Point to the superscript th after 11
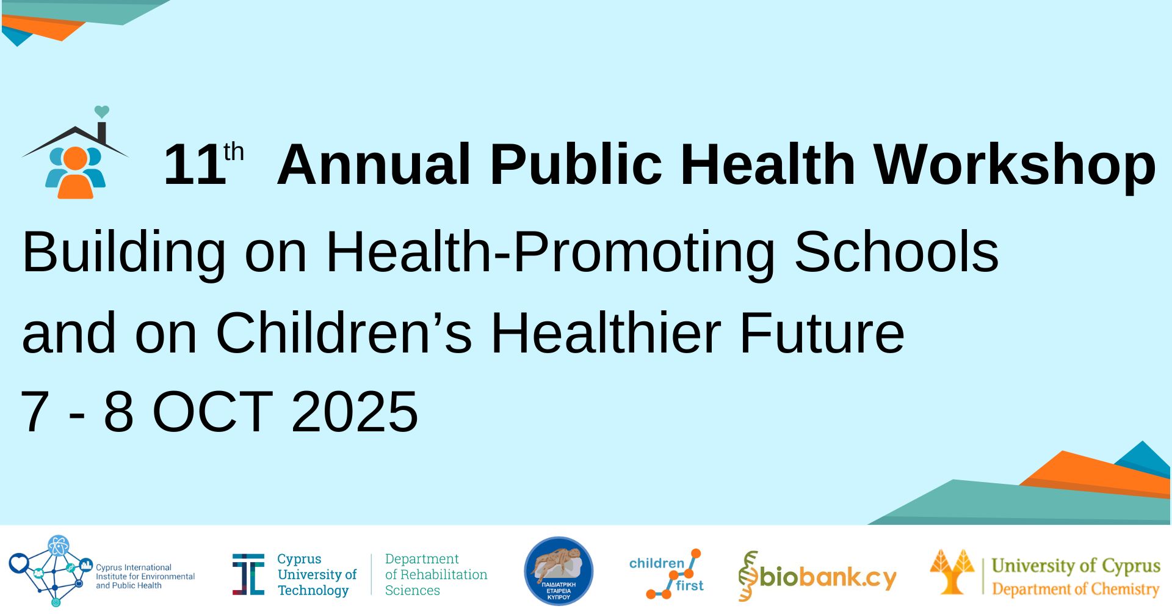click(x=234, y=152)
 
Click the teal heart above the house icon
click(x=102, y=112)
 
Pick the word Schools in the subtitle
click(x=896, y=252)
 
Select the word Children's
click(x=344, y=333)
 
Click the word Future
click(x=822, y=333)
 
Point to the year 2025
click(x=355, y=412)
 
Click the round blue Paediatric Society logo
click(x=559, y=572)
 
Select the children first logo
click(x=667, y=574)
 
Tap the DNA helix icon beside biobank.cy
click(x=748, y=576)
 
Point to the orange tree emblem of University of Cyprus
click(x=952, y=571)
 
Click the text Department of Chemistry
click(x=1076, y=589)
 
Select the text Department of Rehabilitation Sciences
click(x=436, y=574)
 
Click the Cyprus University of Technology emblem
click(x=248, y=574)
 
